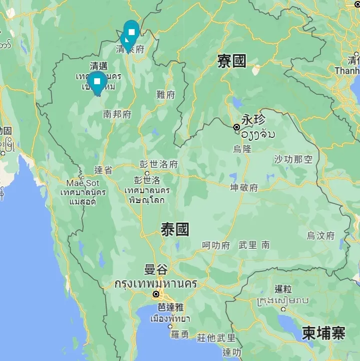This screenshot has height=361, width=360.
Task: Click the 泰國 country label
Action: coord(175,230)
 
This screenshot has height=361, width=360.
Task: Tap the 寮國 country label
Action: coord(232,61)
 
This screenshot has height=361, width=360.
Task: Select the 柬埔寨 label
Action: coord(323,333)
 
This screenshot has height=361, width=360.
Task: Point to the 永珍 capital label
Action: coord(253,120)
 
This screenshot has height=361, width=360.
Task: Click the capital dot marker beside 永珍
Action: coord(237,127)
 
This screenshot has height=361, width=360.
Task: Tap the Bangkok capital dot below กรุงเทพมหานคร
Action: coord(156,294)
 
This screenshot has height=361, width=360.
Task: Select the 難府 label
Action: coord(166,95)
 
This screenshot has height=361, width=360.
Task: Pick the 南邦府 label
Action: coord(117,114)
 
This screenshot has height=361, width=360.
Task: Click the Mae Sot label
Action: coord(83,183)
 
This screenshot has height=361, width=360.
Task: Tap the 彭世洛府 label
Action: coord(159,164)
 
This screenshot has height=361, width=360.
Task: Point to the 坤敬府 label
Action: coord(244,188)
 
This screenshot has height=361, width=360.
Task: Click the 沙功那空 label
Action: coord(293,159)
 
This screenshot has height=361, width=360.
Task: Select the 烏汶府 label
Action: coord(321,235)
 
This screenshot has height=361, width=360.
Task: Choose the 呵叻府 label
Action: coord(216,245)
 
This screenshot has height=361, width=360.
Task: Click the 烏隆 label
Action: coord(242,148)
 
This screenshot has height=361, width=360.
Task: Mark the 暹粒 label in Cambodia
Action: coord(283,289)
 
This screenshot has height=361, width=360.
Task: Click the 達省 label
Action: coord(103,170)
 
